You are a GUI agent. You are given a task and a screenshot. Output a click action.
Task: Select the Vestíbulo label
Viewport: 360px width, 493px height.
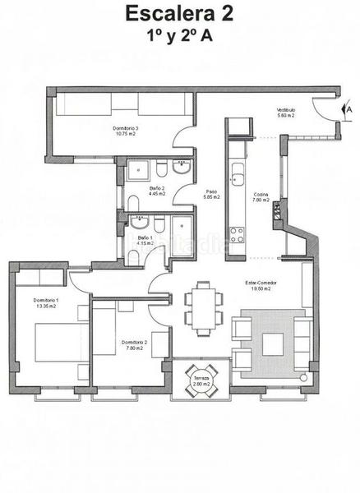286,109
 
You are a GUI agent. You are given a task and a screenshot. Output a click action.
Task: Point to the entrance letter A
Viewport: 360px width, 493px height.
349,108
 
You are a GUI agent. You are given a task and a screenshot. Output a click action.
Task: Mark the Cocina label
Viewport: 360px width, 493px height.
261,195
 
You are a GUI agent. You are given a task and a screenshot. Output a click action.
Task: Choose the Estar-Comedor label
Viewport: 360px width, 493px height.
261,283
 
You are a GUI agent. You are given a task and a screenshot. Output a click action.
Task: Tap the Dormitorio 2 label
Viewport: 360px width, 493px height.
133,342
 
